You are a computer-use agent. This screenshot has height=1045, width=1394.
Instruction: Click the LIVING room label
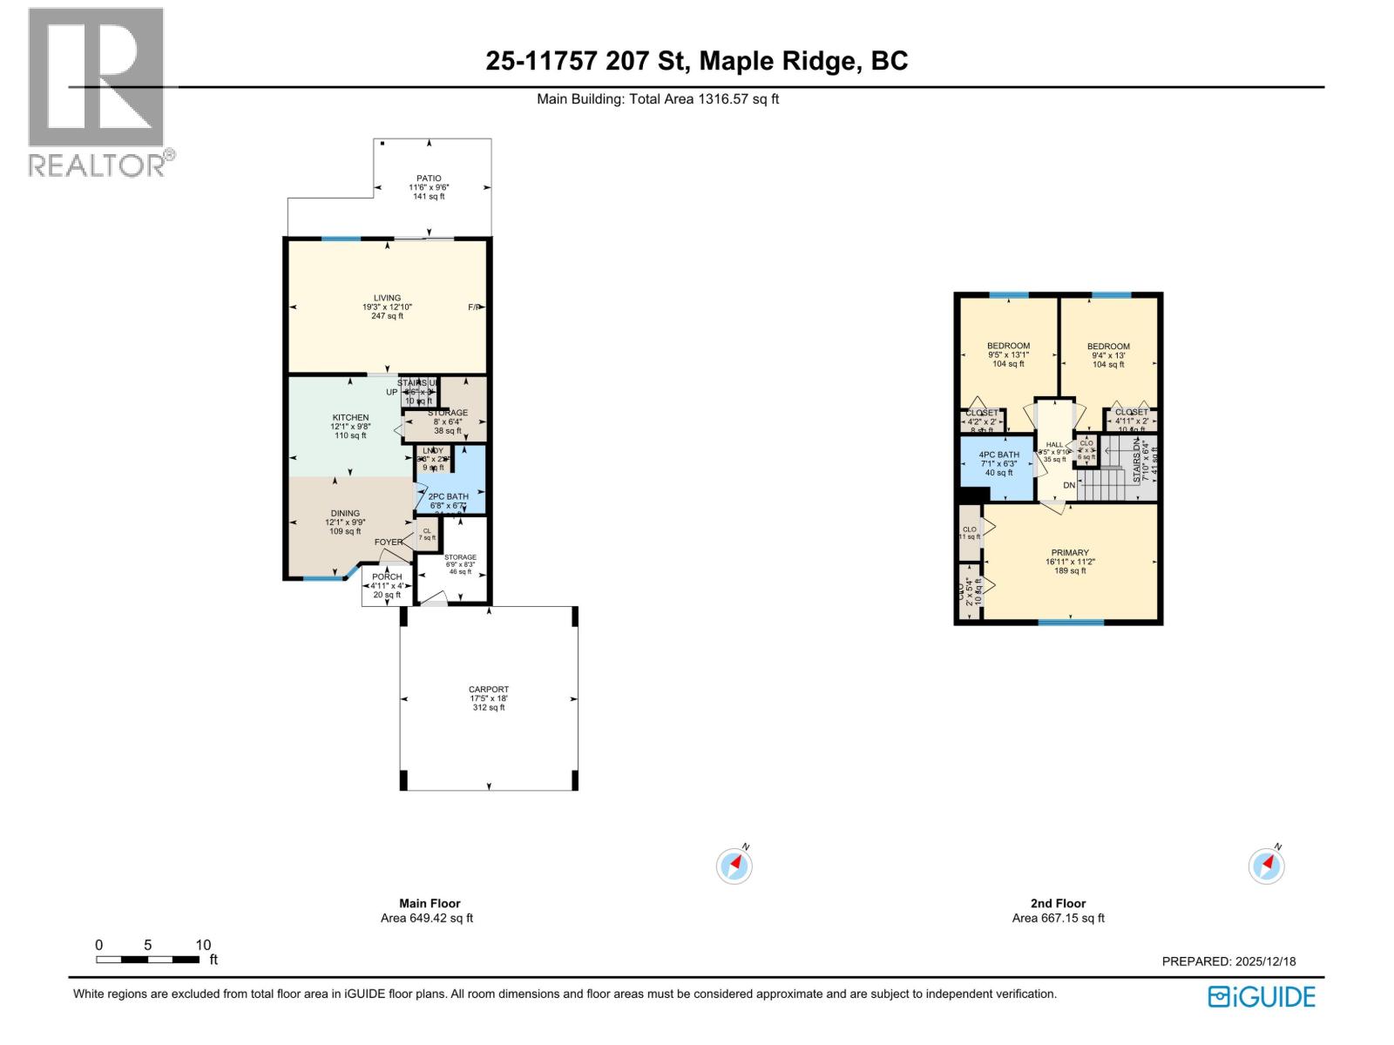[x=387, y=298]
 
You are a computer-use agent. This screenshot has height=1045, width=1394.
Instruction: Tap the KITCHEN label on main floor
[x=350, y=418]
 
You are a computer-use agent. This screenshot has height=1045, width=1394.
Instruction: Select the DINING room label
[x=345, y=514]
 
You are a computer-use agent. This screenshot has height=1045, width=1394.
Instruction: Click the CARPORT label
[x=488, y=690]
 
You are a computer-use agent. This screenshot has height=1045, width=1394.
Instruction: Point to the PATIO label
[x=429, y=179]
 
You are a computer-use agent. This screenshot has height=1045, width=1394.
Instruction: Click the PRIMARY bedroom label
[x=1069, y=553]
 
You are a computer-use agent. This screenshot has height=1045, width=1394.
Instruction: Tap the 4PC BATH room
[x=998, y=463]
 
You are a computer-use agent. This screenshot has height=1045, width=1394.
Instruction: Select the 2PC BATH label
[x=448, y=496]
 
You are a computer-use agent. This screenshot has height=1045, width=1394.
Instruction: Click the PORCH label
[x=387, y=576]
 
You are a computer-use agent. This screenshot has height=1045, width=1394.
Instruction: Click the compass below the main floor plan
[x=734, y=866]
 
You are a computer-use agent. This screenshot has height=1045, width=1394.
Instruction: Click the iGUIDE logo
[x=1262, y=997]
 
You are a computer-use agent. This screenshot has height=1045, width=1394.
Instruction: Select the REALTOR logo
[x=97, y=91]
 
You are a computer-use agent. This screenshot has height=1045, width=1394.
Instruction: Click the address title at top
[x=696, y=61]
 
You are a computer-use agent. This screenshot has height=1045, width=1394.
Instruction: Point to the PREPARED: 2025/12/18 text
[x=1228, y=961]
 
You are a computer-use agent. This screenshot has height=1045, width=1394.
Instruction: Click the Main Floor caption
[x=430, y=903]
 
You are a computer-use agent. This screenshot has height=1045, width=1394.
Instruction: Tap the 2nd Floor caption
[x=1058, y=903]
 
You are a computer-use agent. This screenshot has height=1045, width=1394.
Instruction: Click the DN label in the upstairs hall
[x=1069, y=485]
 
